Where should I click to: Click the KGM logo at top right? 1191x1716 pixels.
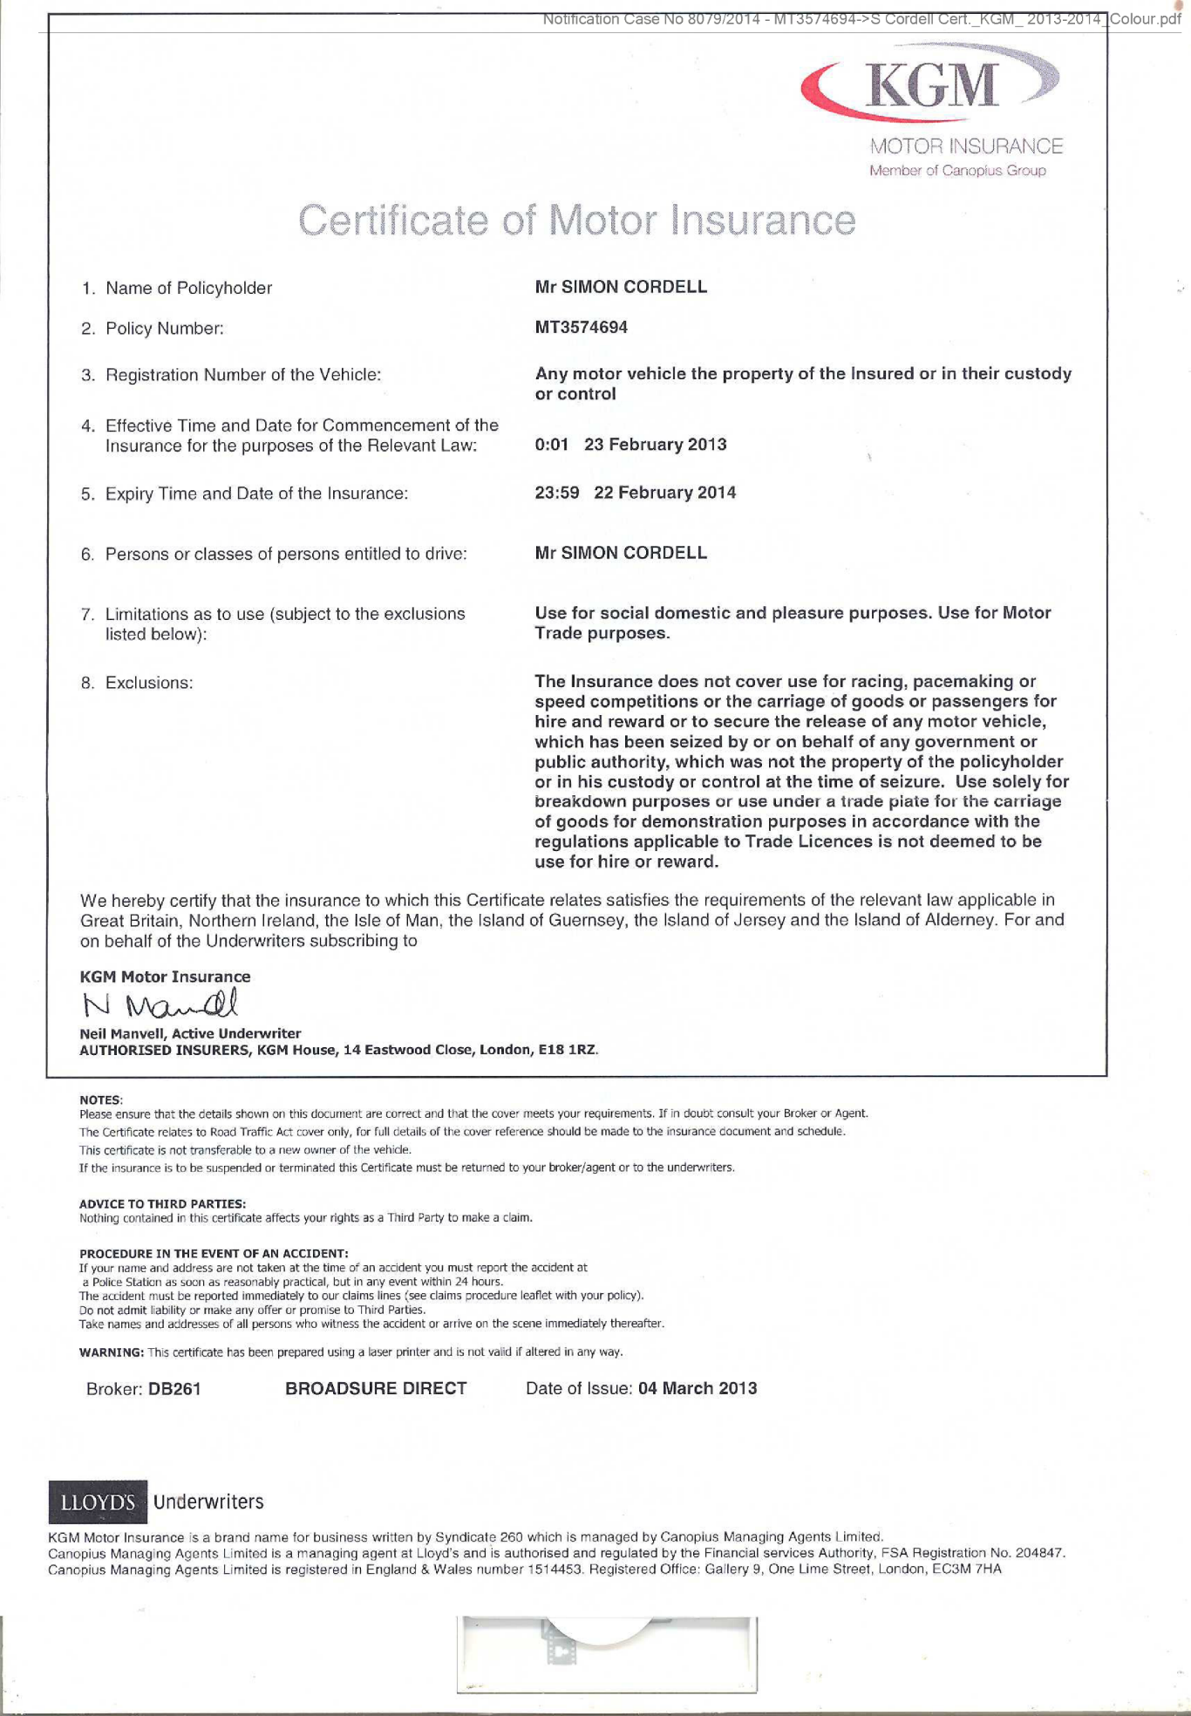[x=931, y=85]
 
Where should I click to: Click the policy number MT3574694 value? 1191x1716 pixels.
[x=581, y=328]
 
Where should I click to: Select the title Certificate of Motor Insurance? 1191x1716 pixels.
[x=576, y=220]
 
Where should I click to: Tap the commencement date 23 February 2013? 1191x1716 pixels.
[x=655, y=445]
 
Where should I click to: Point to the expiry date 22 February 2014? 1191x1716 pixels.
[x=664, y=493]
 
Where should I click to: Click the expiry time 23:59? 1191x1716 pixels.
[x=556, y=493]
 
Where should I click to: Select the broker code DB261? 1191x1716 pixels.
[x=174, y=1389]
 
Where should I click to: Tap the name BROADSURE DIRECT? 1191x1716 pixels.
[x=376, y=1389]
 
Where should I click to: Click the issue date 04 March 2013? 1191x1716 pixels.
[x=698, y=1389]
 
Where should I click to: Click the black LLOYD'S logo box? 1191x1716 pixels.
[x=98, y=1501]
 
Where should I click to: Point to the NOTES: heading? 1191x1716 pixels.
[x=101, y=1100]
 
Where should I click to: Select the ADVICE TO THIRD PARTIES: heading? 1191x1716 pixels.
[x=162, y=1204]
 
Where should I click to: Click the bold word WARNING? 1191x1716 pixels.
[x=112, y=1352]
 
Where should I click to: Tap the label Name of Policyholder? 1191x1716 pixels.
[x=188, y=289]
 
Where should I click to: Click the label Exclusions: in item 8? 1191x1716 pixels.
[x=149, y=683]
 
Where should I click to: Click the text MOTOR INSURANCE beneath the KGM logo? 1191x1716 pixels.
[x=966, y=146]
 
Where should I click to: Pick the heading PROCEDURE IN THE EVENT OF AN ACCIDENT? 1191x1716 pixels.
[x=214, y=1254]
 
